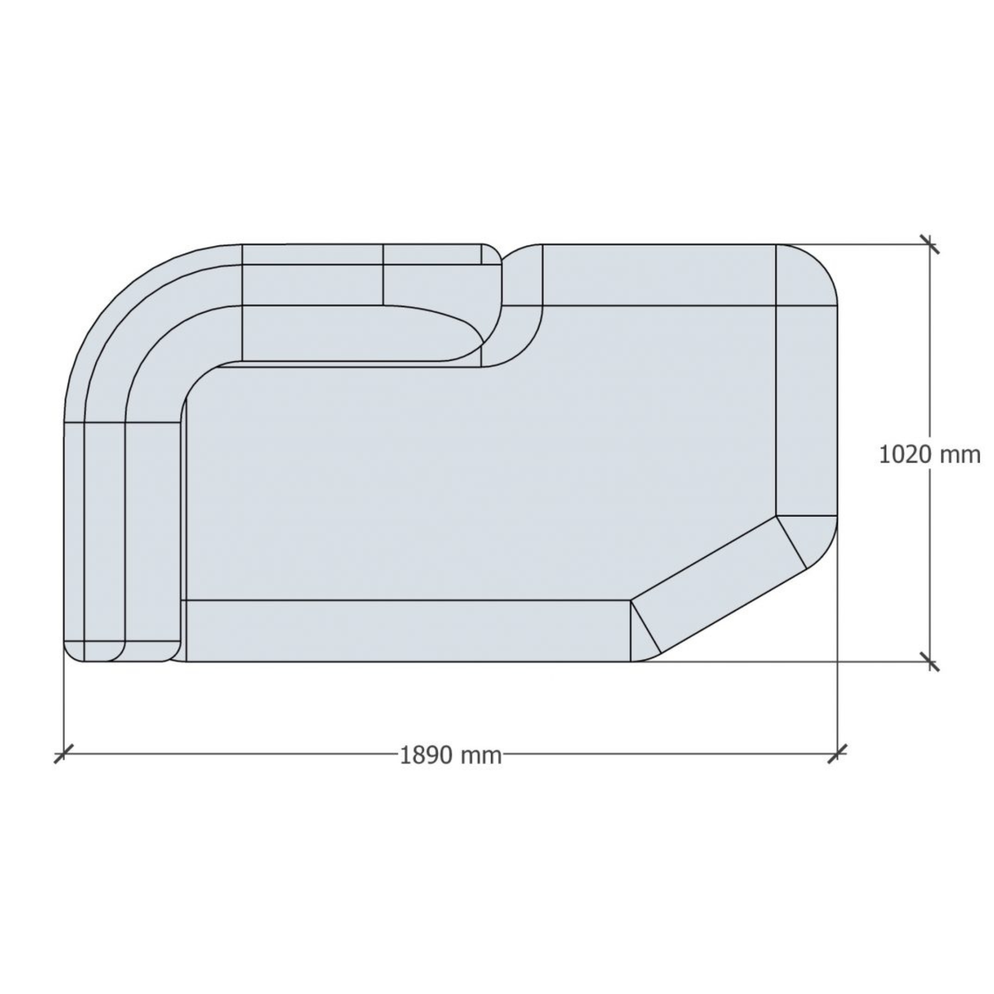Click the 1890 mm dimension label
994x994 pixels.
(x=451, y=755)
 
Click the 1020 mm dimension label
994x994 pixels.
(x=929, y=455)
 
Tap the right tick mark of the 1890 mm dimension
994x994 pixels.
(x=837, y=754)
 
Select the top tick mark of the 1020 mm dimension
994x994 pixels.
(x=930, y=244)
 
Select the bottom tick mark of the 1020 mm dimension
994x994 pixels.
(x=930, y=662)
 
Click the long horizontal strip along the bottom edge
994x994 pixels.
(x=406, y=631)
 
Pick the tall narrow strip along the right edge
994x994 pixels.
(x=806, y=409)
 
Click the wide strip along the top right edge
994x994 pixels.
(x=659, y=274)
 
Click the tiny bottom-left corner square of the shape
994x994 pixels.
(x=74, y=651)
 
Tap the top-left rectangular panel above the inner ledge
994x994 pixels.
(x=312, y=274)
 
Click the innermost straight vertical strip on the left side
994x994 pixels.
(x=154, y=530)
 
